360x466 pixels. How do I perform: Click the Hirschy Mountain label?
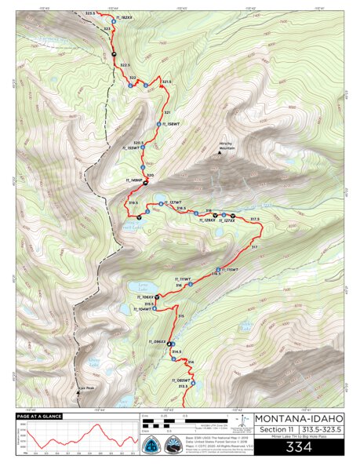pyautogui.click(x=226, y=147)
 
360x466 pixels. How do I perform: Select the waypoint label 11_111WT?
pyautogui.click(x=182, y=279)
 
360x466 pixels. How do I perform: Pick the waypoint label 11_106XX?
pyautogui.click(x=143, y=297)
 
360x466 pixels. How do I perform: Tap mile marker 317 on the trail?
pyautogui.click(x=253, y=247)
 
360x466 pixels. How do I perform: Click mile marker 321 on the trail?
pyautogui.click(x=167, y=113)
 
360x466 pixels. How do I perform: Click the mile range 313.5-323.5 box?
pyautogui.click(x=322, y=430)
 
